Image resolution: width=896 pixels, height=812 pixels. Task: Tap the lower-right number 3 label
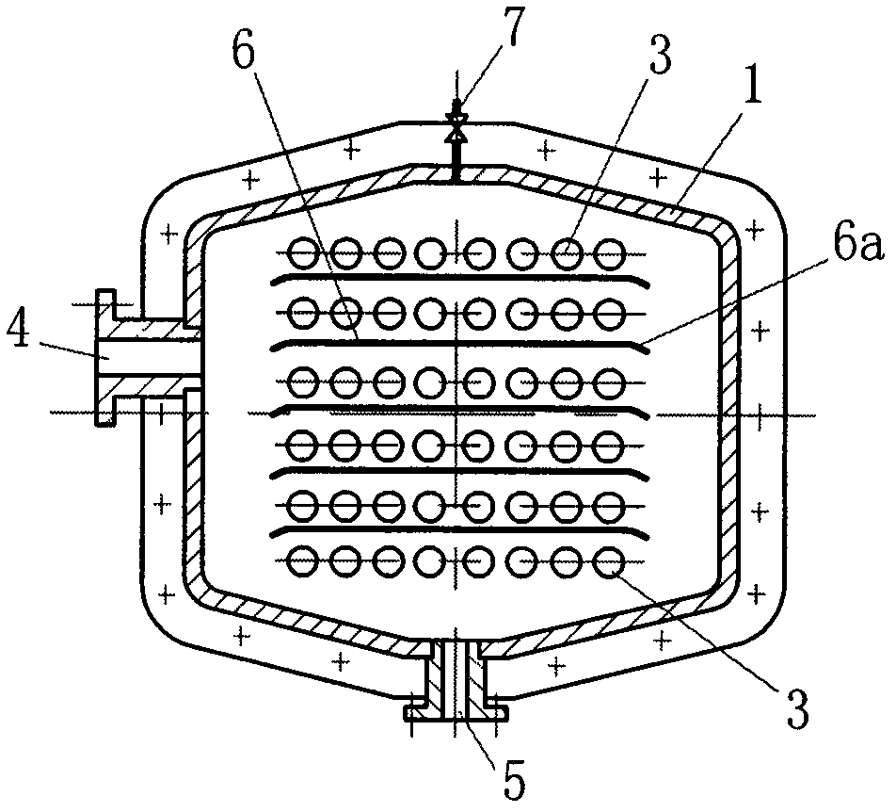pos(797,708)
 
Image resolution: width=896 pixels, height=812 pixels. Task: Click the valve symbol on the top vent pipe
pos(456,127)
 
